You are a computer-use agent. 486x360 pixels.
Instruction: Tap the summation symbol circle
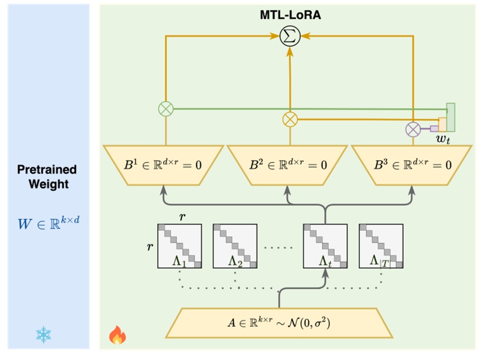coord(290,37)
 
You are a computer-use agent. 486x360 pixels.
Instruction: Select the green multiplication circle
coord(166,108)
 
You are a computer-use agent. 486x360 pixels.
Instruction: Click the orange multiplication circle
coord(290,119)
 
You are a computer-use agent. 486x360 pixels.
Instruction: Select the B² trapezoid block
coord(290,165)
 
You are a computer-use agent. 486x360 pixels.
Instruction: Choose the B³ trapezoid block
coord(414,165)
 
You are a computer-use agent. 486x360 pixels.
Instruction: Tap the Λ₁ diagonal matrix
coord(180,246)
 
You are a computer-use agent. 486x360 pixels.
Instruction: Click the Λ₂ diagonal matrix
coord(235,246)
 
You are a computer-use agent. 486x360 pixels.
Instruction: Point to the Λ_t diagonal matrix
coord(324,246)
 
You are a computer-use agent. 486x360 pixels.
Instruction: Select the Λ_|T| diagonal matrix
coord(380,246)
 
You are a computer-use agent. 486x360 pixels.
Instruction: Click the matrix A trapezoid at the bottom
coord(279,321)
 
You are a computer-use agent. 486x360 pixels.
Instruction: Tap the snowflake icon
coord(43,335)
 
